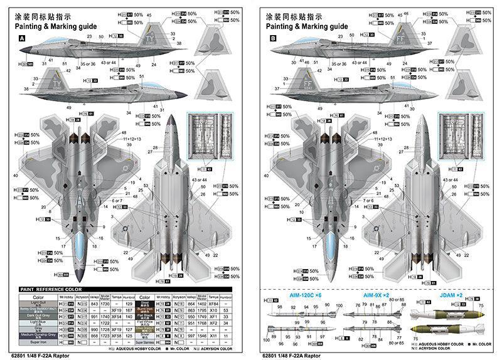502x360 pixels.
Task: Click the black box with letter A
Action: [x=23, y=38]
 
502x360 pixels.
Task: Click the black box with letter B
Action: [x=273, y=38]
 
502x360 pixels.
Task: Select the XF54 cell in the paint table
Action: [x=116, y=317]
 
